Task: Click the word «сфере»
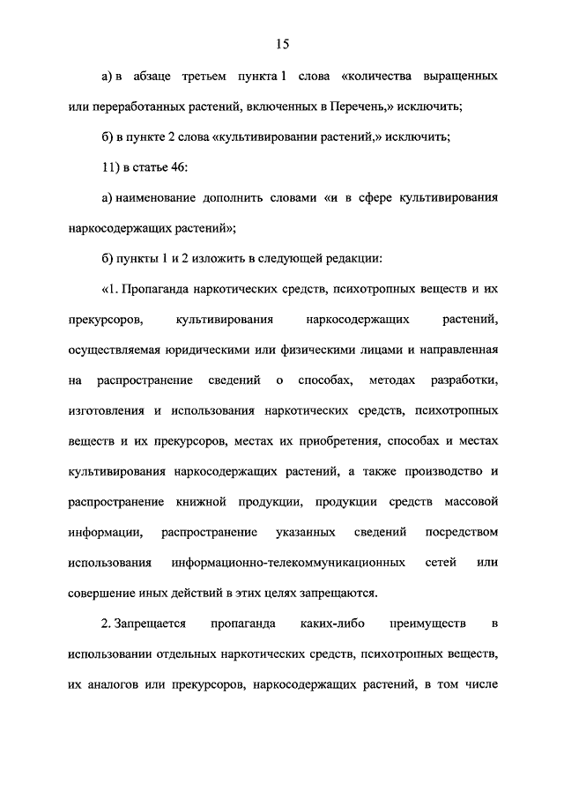click(x=370, y=198)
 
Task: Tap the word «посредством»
click(x=463, y=532)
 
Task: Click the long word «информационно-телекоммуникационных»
click(x=290, y=563)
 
